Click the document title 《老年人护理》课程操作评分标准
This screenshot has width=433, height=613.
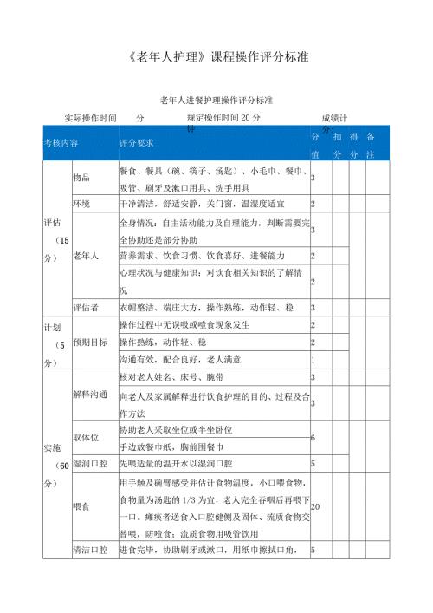(217, 59)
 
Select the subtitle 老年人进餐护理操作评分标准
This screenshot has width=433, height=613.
(216, 101)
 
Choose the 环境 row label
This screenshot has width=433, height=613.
(81, 204)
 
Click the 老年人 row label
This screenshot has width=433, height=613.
(86, 256)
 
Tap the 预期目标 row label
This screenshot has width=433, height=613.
(90, 342)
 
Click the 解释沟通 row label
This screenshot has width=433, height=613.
(90, 395)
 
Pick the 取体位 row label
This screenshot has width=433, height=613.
(86, 438)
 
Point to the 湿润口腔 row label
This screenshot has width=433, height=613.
(90, 464)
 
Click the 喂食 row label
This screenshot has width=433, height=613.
(81, 505)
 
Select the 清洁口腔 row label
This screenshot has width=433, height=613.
(90, 550)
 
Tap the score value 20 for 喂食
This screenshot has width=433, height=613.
(315, 505)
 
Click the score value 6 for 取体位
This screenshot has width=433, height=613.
(313, 438)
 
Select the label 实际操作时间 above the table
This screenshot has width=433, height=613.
(91, 117)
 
